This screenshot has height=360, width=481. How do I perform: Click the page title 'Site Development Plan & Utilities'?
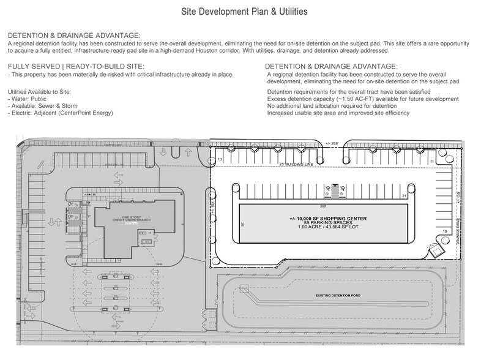[240, 12]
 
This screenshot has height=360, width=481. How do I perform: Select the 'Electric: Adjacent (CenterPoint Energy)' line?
[62, 113]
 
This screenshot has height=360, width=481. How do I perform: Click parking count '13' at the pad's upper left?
[219, 159]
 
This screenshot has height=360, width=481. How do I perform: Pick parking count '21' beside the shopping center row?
[405, 195]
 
